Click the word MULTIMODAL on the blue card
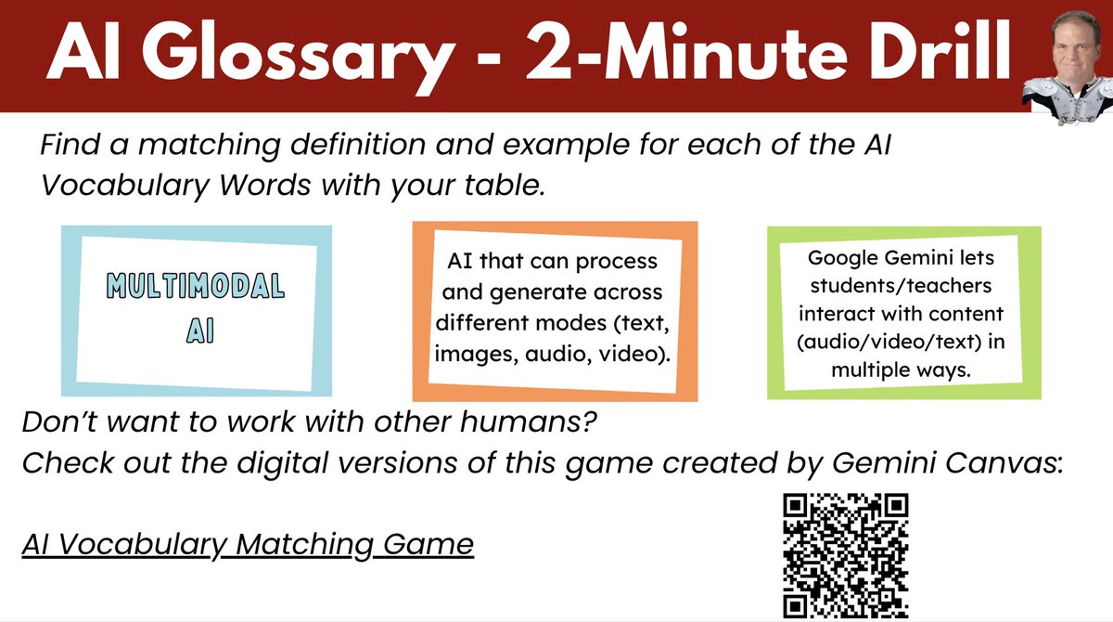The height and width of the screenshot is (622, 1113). point(195,287)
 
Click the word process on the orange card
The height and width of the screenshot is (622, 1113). point(614,261)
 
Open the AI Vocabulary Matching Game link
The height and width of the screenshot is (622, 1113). point(248,543)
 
